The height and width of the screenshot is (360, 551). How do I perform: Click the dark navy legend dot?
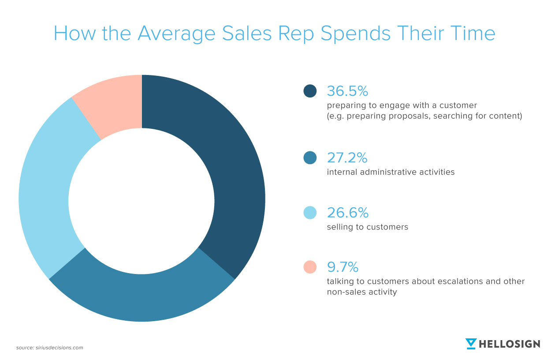coord(310,91)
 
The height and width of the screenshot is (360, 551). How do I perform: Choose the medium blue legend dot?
coord(310,157)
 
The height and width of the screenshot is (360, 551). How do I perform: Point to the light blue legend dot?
coord(310,213)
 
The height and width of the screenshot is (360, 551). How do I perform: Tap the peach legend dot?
coord(310,267)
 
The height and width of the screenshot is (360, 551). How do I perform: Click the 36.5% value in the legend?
coord(347,91)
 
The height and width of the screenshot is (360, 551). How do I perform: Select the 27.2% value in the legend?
coord(347,157)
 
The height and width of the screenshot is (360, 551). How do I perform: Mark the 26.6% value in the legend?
coord(347,213)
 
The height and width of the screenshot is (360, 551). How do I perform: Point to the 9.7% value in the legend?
coord(343,267)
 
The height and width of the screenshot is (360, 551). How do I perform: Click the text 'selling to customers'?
coord(368,227)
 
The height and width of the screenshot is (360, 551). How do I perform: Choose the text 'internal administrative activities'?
coord(391,172)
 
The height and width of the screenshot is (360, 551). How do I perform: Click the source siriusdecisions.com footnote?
coord(49,348)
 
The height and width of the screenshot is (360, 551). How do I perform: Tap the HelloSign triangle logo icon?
coord(471,344)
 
